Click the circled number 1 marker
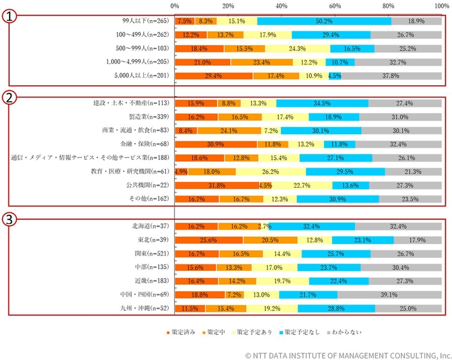(10, 17)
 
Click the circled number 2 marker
(10, 98)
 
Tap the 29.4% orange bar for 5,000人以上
(214, 75)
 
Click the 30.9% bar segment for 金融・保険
(216, 145)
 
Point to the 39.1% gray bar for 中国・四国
(389, 295)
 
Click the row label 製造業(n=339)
(148, 117)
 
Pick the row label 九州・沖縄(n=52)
(147, 309)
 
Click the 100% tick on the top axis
(441, 5)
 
